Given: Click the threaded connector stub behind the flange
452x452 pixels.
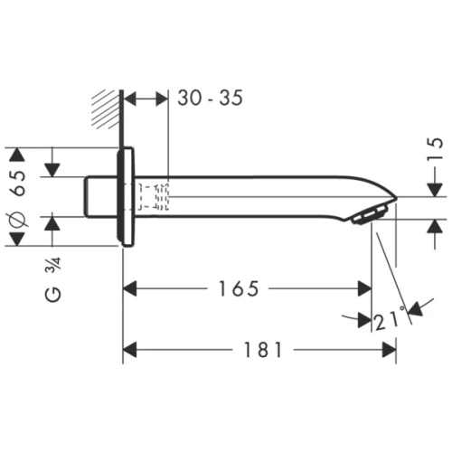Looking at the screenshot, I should tap(100, 196).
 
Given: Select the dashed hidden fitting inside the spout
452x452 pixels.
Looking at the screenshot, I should tap(154, 195).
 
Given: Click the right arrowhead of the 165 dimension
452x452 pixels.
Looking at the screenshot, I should tap(365, 289).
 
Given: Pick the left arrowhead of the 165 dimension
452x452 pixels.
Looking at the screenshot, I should tap(129, 289).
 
